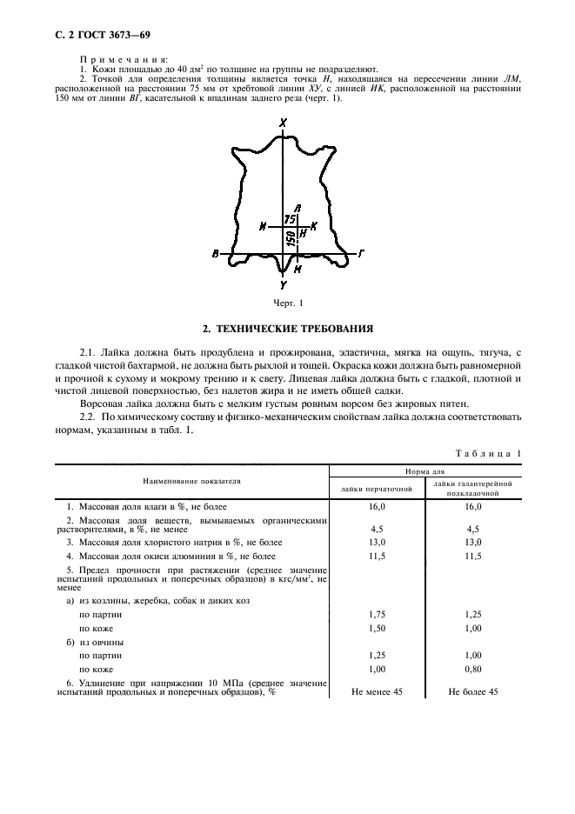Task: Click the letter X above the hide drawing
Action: click(284, 124)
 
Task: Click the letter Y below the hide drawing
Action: click(284, 284)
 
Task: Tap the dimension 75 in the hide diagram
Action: click(291, 220)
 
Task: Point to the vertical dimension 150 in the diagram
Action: click(289, 237)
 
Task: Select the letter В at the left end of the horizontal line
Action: click(215, 254)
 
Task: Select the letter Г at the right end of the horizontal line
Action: click(360, 254)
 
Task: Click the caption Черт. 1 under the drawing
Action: click(288, 303)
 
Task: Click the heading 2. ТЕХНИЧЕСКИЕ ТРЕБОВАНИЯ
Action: click(288, 330)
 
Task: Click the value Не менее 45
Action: click(377, 691)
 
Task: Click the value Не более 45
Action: click(473, 691)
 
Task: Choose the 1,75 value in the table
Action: click(377, 613)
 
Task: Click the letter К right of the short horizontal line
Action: click(314, 225)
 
